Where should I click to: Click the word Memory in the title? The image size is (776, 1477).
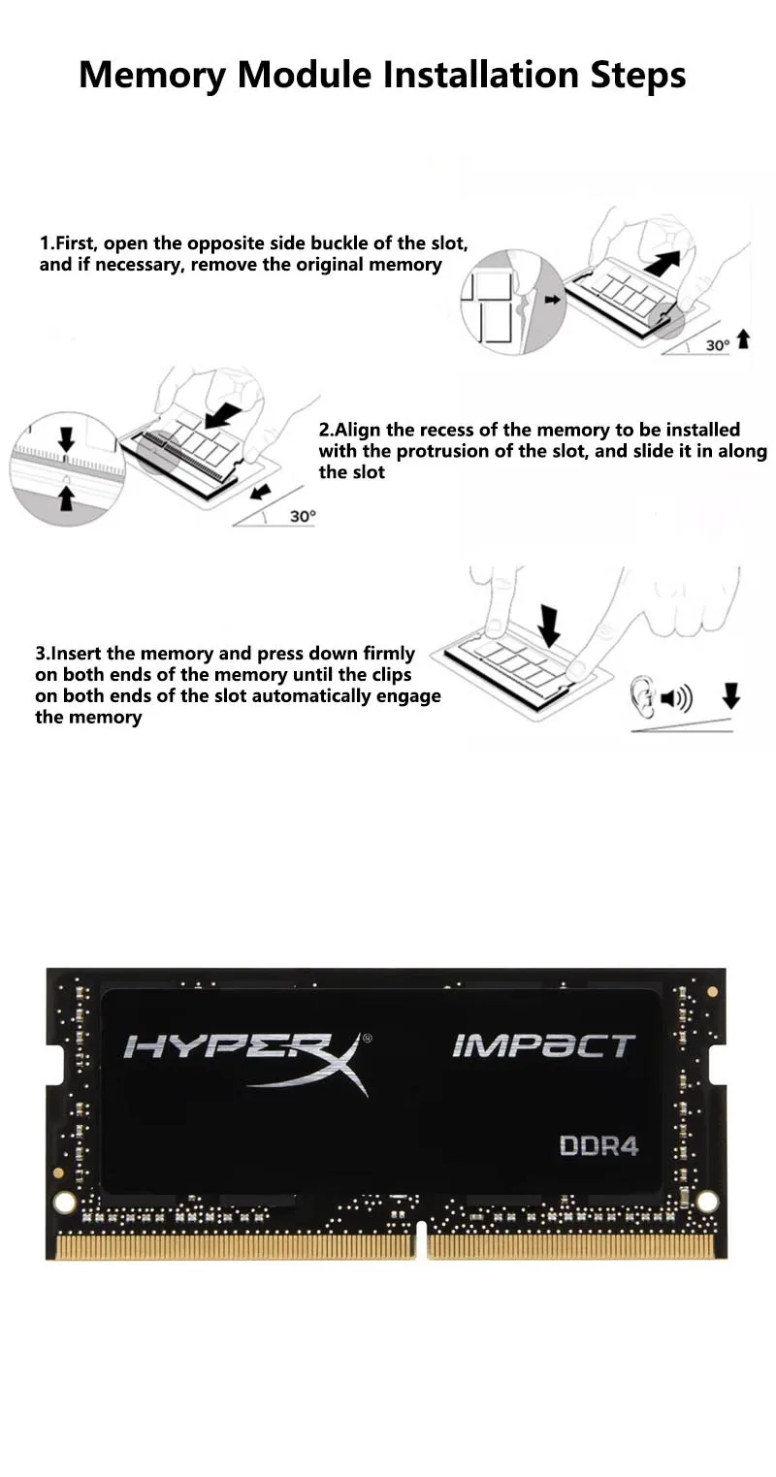(x=152, y=77)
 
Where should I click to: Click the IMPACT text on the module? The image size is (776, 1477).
(x=544, y=1046)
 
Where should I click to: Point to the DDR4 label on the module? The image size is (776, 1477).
(x=598, y=1146)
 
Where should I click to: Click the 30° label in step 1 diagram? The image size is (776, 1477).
(x=718, y=345)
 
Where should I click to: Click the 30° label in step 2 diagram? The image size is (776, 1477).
(x=304, y=516)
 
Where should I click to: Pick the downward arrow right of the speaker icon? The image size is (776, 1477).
(x=731, y=695)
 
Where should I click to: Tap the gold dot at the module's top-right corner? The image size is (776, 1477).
(x=711, y=992)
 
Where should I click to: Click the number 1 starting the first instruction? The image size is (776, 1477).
(x=44, y=243)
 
